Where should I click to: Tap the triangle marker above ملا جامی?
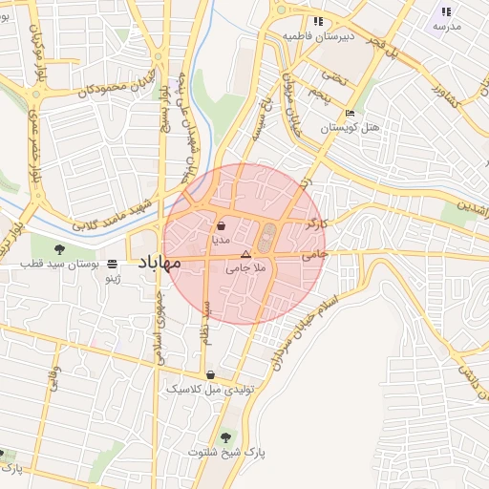[x=245, y=255]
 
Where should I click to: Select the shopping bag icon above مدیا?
[x=222, y=226]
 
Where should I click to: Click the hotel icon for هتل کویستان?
[x=350, y=114]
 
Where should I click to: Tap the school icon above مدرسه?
[x=445, y=11]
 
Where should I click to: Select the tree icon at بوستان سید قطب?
[x=60, y=249]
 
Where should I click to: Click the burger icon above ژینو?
[x=114, y=263]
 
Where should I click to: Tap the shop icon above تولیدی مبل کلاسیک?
[x=210, y=375]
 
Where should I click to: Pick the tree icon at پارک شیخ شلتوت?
[x=225, y=437]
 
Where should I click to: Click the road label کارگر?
[x=315, y=223]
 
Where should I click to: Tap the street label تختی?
[x=333, y=74]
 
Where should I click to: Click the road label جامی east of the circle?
[x=314, y=255]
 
